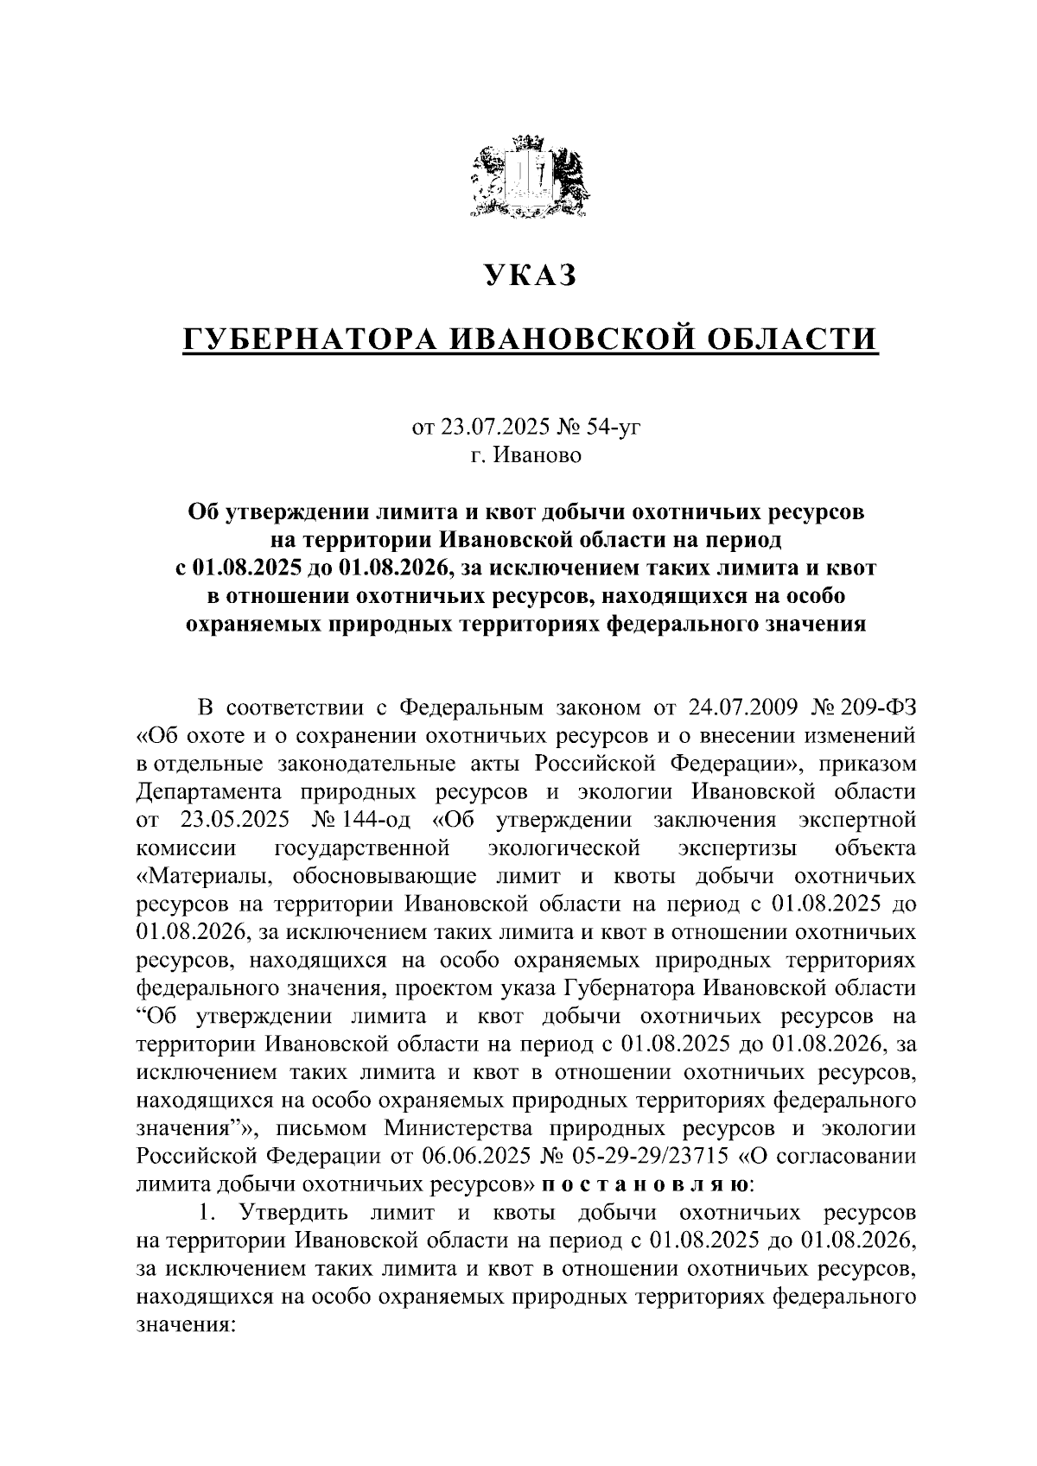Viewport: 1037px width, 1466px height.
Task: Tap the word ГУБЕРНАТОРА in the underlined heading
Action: pos(309,340)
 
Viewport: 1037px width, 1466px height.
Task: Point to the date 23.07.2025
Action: pos(484,427)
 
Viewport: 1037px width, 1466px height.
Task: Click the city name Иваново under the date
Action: pos(538,455)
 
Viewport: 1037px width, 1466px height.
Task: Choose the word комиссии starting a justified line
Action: pos(186,847)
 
